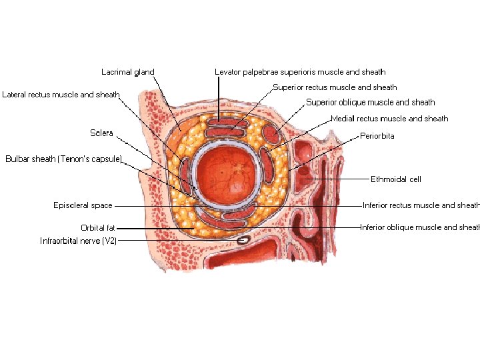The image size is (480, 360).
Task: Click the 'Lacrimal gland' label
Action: [x=127, y=72]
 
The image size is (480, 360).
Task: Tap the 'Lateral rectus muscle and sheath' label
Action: [x=61, y=95]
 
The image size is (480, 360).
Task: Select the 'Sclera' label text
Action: [x=101, y=133]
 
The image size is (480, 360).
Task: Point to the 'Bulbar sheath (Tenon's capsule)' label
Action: [x=64, y=159]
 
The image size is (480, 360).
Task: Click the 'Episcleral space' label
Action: [x=83, y=205]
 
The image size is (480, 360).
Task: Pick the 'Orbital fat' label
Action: [x=98, y=228]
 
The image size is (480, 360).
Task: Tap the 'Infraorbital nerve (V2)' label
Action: [x=78, y=241]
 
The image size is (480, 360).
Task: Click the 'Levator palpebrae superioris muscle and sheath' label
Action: [x=300, y=72]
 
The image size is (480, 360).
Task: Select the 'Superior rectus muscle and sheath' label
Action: [x=335, y=87]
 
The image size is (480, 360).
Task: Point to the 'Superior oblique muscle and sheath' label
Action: [x=370, y=103]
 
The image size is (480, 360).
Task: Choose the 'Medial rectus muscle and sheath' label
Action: [x=389, y=119]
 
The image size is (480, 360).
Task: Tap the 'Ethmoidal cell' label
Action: [x=396, y=179]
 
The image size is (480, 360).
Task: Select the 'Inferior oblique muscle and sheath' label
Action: [x=420, y=227]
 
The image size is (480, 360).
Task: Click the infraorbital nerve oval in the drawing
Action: [x=244, y=238]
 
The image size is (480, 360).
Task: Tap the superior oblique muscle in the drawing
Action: [x=272, y=134]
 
